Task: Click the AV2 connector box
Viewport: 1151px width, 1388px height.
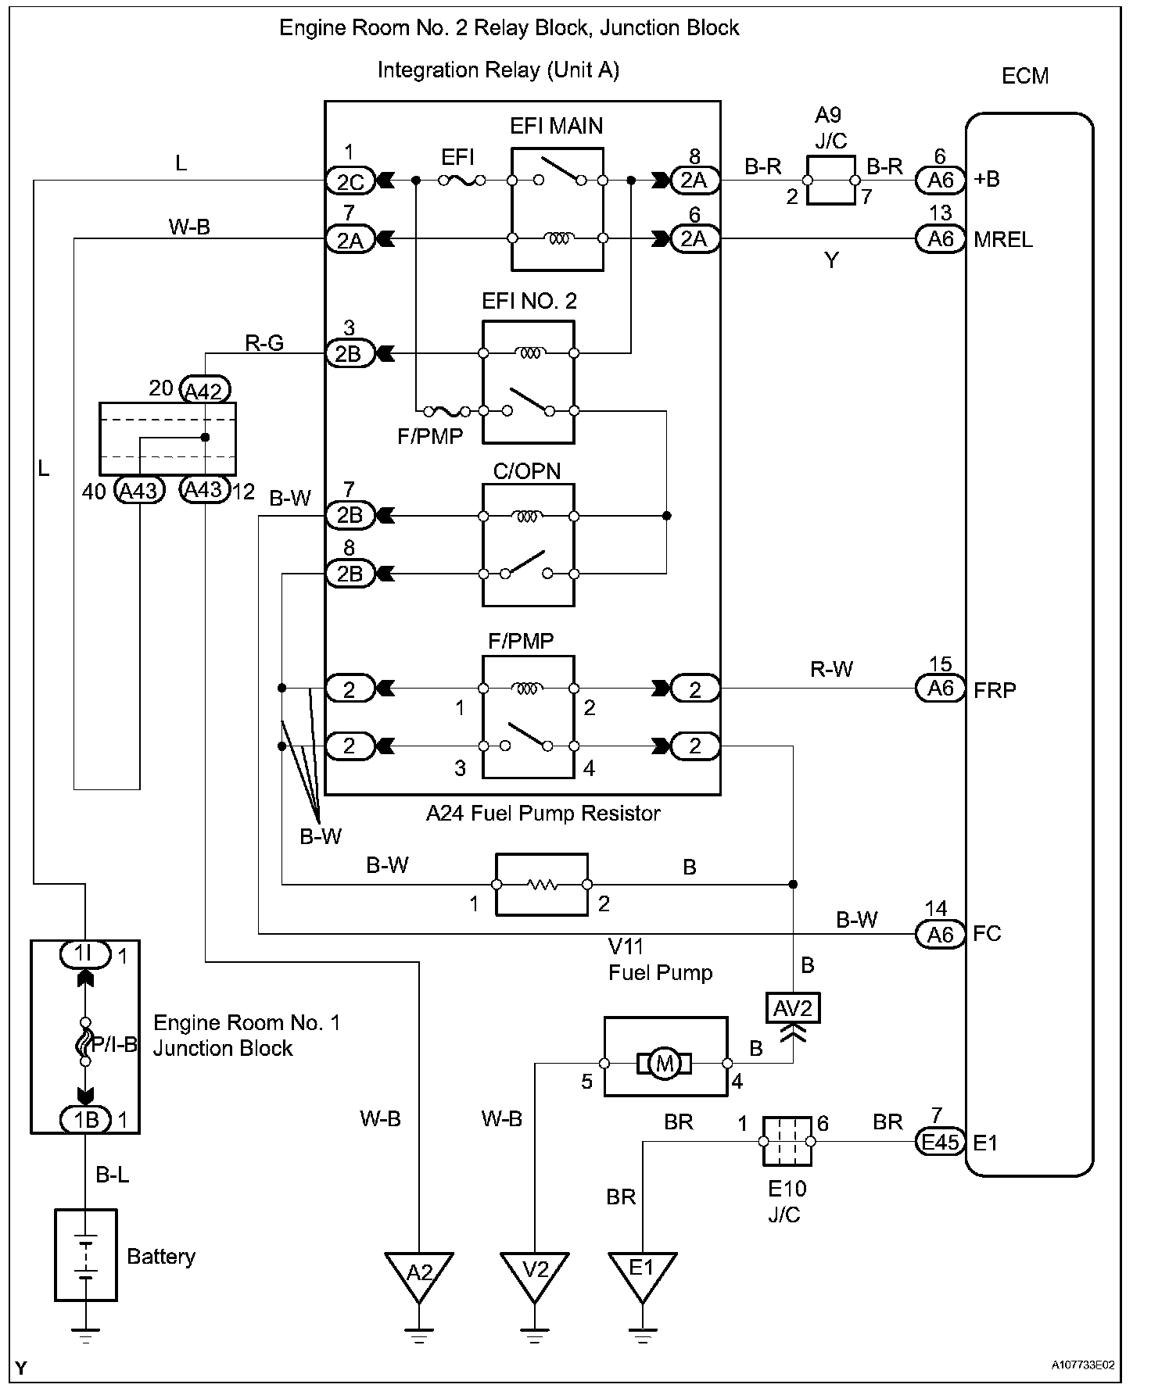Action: tap(794, 1008)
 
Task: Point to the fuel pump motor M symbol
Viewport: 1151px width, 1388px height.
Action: tap(665, 1064)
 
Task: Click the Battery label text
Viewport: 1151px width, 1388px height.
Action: tap(161, 1257)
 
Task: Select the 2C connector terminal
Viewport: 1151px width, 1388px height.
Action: tap(350, 181)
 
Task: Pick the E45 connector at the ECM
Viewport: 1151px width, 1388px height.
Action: tap(940, 1143)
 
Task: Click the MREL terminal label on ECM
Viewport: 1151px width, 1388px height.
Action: tap(1003, 240)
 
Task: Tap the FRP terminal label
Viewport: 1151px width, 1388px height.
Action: tap(995, 690)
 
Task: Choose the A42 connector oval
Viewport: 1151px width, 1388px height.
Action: tap(205, 389)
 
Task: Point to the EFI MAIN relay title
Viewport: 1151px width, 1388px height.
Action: tap(556, 126)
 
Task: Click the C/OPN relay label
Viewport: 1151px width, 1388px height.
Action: tap(527, 471)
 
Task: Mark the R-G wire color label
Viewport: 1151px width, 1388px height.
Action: tap(264, 342)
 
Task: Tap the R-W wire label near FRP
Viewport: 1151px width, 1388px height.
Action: tap(831, 669)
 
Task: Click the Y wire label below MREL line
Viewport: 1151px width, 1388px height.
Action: tap(831, 260)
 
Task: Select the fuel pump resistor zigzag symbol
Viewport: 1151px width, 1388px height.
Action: tap(542, 885)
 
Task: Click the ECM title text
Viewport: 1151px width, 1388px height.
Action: tap(1024, 77)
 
